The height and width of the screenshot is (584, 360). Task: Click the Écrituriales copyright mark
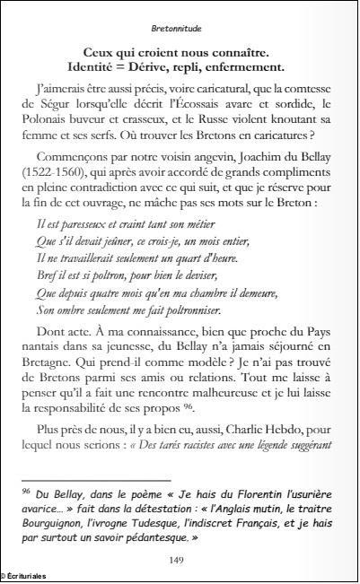point(25,576)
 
